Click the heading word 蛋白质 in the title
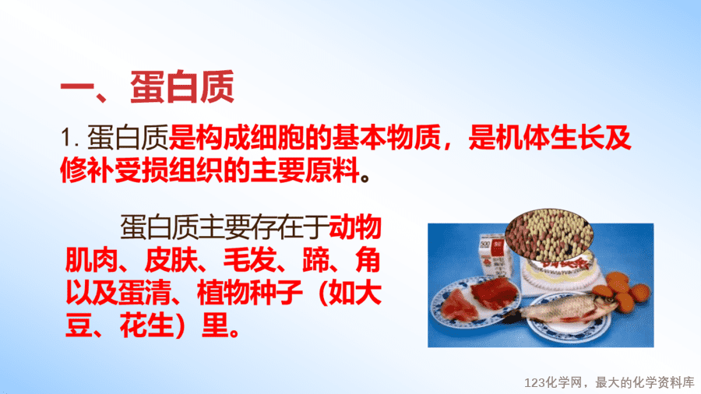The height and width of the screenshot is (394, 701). (182, 86)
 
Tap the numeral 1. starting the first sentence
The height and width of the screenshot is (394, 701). (70, 138)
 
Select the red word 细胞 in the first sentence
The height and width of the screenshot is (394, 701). (277, 137)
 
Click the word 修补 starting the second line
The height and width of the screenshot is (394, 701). (87, 170)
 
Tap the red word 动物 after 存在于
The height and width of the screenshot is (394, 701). (355, 227)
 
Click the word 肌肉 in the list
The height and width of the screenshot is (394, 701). (92, 260)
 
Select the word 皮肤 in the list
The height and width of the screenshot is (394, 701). (171, 260)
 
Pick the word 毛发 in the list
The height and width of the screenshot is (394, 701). (250, 260)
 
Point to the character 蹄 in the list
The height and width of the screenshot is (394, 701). (315, 260)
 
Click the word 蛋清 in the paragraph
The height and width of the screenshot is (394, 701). (144, 294)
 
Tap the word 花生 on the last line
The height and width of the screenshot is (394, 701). (146, 326)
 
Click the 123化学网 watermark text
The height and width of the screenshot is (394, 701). (553, 382)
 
